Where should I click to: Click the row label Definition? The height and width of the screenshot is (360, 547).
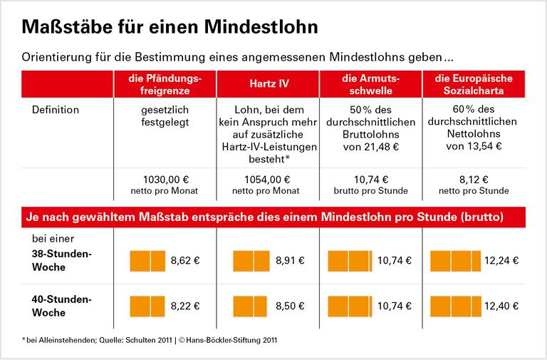coord(56,110)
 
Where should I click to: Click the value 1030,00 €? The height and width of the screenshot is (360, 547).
coord(165,179)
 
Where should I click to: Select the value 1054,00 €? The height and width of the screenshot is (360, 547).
coord(269,179)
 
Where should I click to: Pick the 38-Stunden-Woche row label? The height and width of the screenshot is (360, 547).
coord(60,260)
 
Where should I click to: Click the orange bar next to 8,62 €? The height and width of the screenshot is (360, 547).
coord(147,260)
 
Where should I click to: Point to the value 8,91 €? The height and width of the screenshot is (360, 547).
coord(288,261)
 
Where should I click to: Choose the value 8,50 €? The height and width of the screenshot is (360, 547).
coord(288,307)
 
